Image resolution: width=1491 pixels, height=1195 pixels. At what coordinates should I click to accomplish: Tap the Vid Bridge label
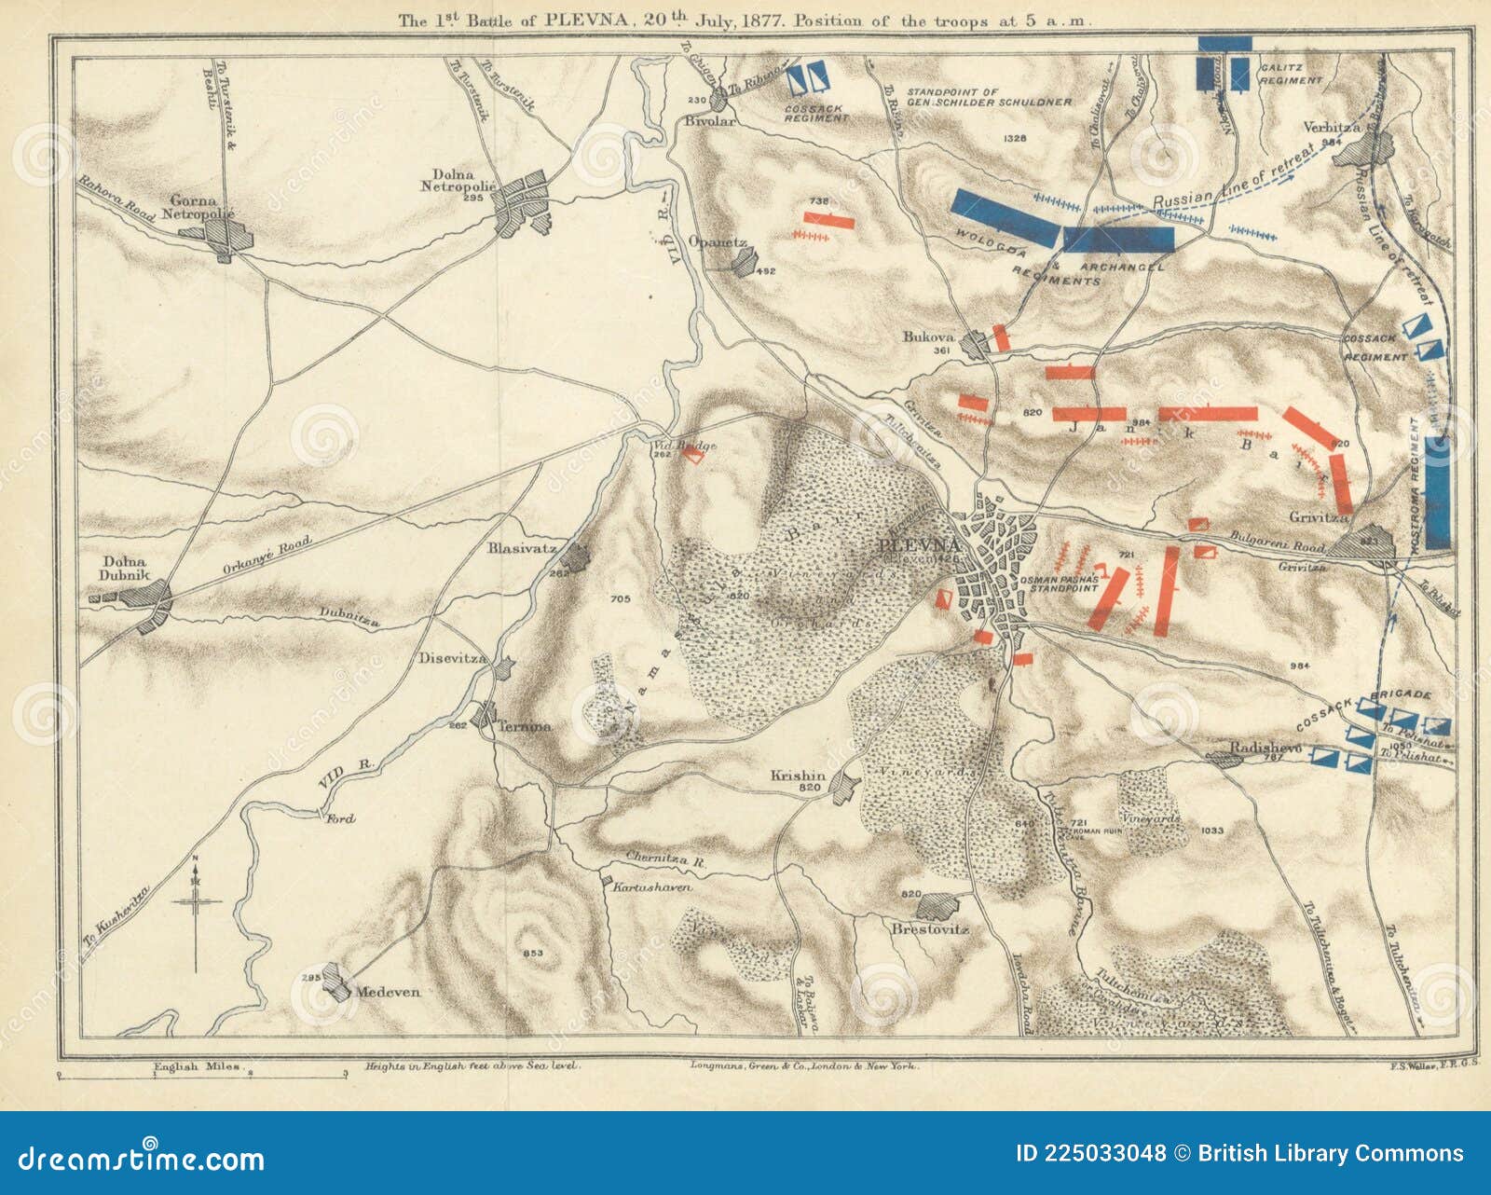pyautogui.click(x=684, y=446)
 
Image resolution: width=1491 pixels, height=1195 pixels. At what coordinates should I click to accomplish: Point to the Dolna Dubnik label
pyautogui.click(x=125, y=569)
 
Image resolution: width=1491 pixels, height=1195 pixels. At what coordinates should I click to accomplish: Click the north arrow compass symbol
pyautogui.click(x=196, y=902)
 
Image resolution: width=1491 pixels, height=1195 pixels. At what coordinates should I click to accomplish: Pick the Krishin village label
pyautogui.click(x=798, y=776)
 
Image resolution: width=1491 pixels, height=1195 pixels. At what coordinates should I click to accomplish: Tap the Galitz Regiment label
pyautogui.click(x=1292, y=74)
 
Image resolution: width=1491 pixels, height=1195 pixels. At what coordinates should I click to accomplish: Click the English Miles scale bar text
pyautogui.click(x=197, y=1065)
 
